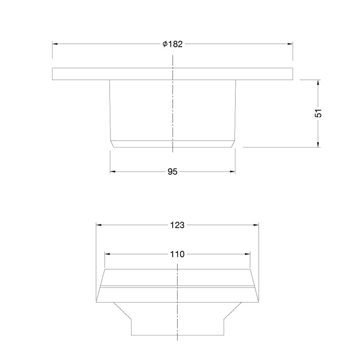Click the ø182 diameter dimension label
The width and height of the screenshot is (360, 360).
coord(173,44)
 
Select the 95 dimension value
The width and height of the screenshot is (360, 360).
coord(172,171)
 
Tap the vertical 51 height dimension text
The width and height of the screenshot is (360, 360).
coord(318,113)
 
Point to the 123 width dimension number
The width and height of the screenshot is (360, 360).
coord(177,225)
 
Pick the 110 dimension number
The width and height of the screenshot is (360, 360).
coord(177,254)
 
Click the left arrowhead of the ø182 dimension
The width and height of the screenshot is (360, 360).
coord(55,44)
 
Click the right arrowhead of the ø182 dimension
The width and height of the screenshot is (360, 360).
coord(290,44)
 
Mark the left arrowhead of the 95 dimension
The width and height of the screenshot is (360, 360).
coord(113,171)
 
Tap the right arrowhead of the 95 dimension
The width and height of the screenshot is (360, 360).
coord(232,171)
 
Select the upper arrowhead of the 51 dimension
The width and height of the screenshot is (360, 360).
coord(318,83)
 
